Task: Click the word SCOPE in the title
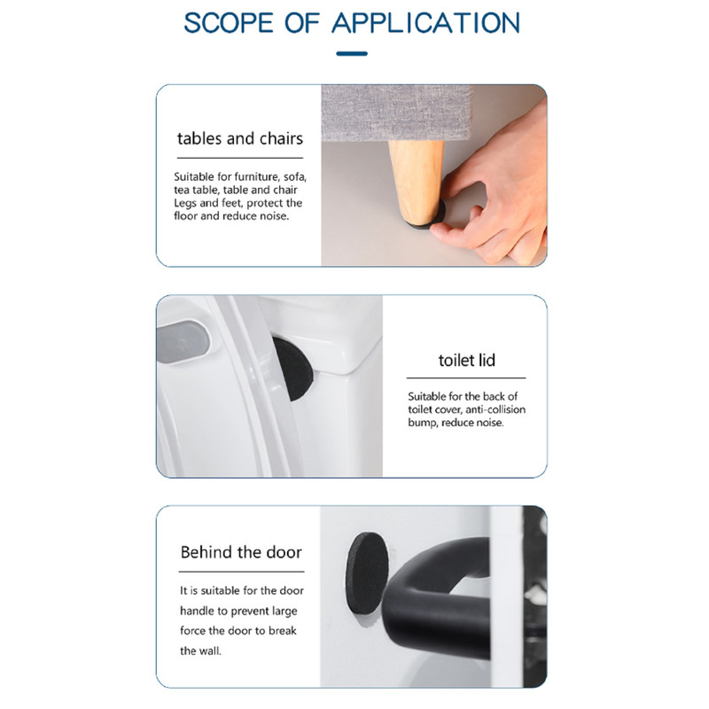(x=229, y=23)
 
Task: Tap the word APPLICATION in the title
(x=425, y=23)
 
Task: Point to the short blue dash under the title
(x=352, y=54)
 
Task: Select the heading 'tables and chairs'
(x=240, y=138)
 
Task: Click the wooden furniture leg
(x=416, y=181)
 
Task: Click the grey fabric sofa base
(x=395, y=113)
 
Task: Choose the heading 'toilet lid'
(x=467, y=361)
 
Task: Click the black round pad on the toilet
(x=293, y=369)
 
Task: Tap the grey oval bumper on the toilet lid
(x=183, y=341)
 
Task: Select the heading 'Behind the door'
(x=241, y=552)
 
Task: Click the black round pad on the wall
(x=367, y=573)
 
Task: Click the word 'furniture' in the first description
(x=256, y=176)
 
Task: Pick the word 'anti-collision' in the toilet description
(x=495, y=409)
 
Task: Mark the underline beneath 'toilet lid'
(x=466, y=378)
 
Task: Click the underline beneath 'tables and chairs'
(x=240, y=158)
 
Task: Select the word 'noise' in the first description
(x=274, y=216)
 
